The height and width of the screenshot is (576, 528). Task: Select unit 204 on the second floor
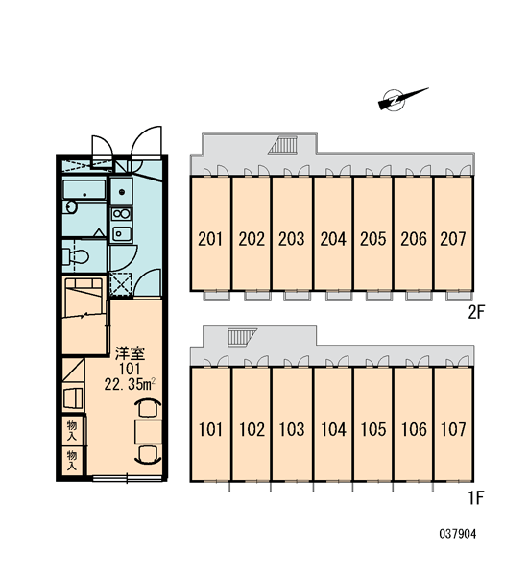[x=333, y=233]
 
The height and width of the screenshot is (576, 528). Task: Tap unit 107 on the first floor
[x=453, y=424]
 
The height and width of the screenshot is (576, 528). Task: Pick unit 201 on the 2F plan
[x=210, y=233]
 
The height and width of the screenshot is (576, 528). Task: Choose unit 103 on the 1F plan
[x=292, y=424]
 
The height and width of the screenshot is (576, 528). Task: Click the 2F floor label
[x=476, y=313]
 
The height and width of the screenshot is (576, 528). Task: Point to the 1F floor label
[x=476, y=498]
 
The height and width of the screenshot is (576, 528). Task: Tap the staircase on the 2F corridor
[x=283, y=144]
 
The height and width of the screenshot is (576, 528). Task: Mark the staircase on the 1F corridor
[x=241, y=337]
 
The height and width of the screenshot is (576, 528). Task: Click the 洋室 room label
[x=130, y=353]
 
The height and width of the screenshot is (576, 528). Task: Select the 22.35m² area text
[x=130, y=384]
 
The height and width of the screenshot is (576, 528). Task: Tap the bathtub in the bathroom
[x=84, y=189]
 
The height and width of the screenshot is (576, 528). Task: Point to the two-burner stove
[x=121, y=213]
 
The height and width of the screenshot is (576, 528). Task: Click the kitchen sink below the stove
[x=121, y=233]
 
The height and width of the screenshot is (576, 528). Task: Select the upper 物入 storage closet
[x=73, y=430]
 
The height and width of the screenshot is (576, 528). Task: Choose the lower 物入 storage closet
[x=73, y=461]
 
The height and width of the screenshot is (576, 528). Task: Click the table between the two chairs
[x=148, y=432]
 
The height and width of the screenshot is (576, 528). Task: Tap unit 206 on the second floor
[x=414, y=233]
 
